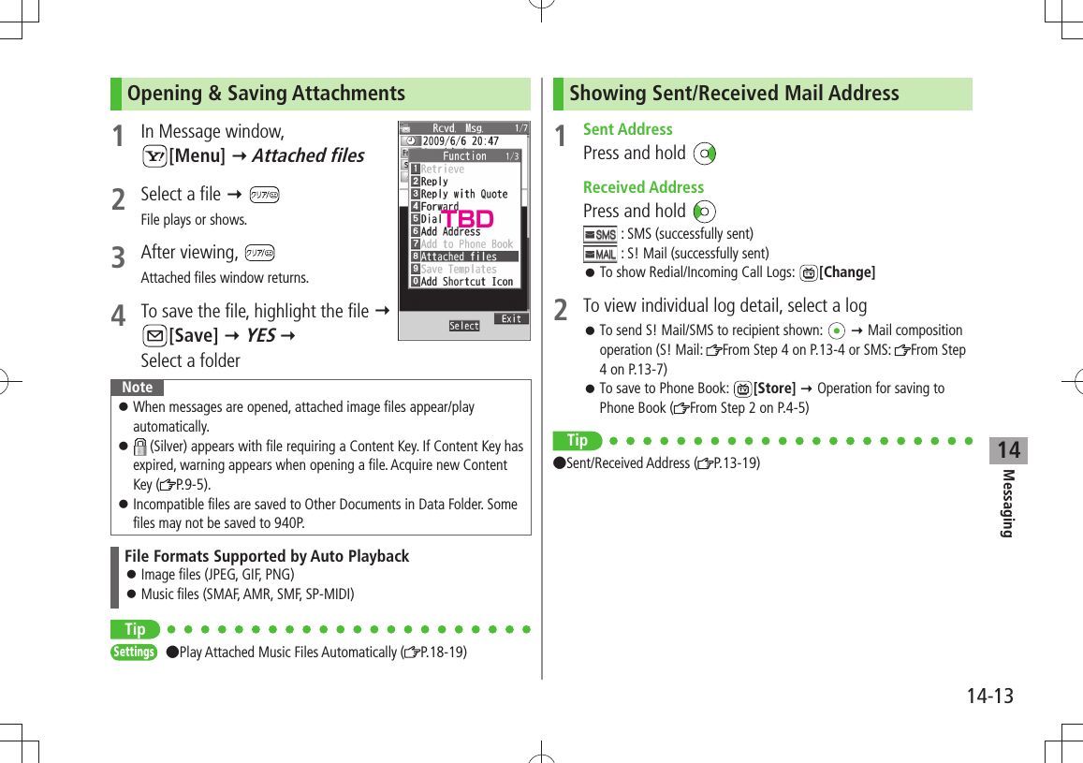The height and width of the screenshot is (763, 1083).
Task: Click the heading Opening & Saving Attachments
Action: [266, 94]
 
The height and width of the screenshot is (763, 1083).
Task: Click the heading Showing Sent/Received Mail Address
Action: [734, 94]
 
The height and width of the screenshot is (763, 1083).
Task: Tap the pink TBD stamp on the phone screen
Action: [467, 220]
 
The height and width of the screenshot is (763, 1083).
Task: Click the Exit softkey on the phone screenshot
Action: [511, 319]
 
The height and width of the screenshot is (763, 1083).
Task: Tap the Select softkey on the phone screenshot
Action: [464, 326]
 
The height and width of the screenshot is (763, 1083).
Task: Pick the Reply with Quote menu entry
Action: [464, 195]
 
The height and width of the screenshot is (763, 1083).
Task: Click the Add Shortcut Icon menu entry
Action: [466, 282]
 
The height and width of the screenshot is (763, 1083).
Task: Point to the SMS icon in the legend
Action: [600, 234]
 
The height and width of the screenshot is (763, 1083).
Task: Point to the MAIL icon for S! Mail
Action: [600, 254]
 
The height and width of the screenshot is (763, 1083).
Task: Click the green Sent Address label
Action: [627, 129]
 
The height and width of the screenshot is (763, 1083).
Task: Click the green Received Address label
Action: [643, 187]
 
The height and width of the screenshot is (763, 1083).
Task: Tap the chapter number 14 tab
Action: [1008, 451]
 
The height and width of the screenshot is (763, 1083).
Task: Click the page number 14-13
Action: [990, 697]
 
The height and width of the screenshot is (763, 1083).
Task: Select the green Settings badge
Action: [134, 652]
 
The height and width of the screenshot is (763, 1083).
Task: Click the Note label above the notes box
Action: [138, 388]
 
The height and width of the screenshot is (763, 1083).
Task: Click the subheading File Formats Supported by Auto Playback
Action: [267, 556]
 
